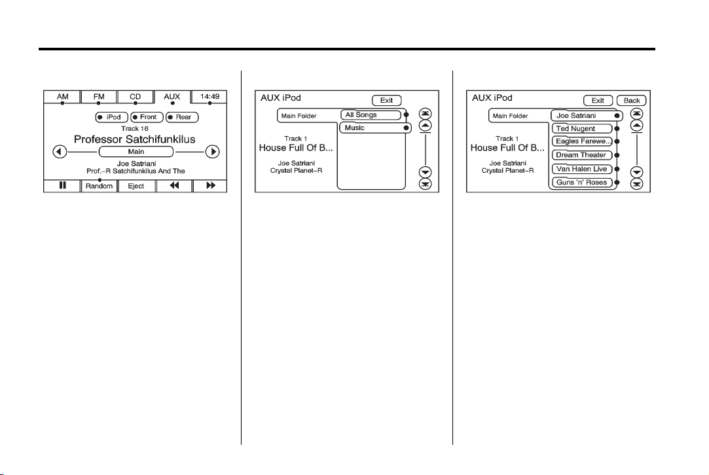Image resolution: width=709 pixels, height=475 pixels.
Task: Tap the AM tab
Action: coord(62,97)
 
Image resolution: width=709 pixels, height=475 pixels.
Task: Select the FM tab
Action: coord(99,97)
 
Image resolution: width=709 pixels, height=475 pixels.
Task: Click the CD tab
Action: coord(136,97)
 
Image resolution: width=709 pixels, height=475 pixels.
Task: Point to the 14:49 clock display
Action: coord(209,97)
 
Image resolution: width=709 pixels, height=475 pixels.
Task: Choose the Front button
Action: coord(146,118)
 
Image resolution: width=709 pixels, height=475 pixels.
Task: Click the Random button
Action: coord(99,186)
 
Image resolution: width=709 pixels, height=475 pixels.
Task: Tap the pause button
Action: coord(62,186)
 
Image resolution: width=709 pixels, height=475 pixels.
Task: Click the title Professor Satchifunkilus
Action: coord(134,139)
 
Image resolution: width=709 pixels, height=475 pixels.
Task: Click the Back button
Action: coord(632,101)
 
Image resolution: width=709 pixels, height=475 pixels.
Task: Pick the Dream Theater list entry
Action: coord(582,155)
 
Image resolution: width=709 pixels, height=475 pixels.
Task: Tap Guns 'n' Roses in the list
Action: coord(582,183)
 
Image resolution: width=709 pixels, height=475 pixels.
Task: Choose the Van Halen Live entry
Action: coord(582,169)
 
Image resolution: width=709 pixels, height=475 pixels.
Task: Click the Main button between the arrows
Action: coord(136,152)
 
